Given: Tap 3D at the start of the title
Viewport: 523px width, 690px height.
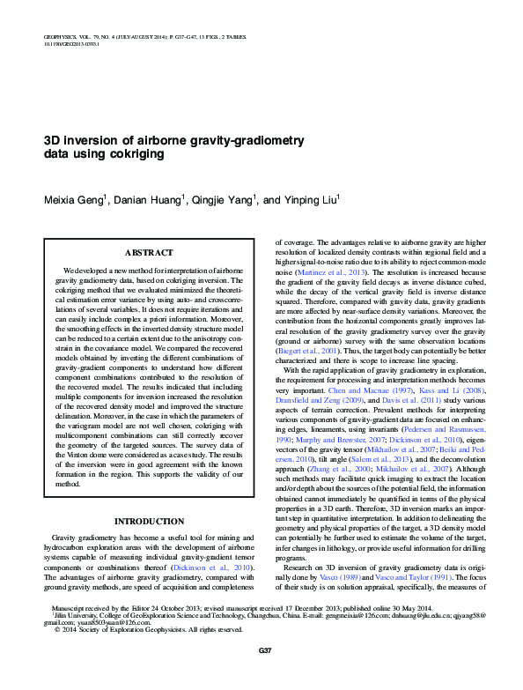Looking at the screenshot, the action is [52, 140].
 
